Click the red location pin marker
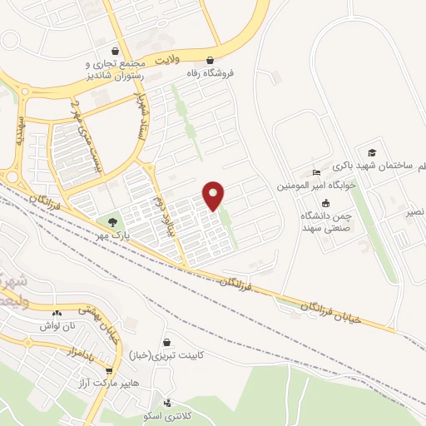click(214, 195)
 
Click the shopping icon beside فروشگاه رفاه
click(209, 60)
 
